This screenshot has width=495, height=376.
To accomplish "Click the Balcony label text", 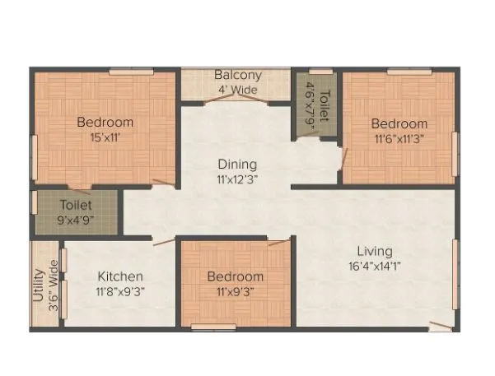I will click(238, 75).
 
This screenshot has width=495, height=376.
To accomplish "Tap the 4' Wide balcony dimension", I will click(237, 90).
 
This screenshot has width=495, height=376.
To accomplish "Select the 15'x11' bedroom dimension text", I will click(105, 137).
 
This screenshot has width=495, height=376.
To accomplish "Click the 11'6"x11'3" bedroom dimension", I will click(399, 138).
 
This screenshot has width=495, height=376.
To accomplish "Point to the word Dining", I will click(237, 164).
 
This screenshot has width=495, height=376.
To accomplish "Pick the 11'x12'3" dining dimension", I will click(237, 179).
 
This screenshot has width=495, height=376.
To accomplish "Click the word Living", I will click(374, 251).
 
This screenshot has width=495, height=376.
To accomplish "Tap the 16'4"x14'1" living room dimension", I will click(374, 266).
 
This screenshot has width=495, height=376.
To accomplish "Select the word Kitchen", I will click(121, 276).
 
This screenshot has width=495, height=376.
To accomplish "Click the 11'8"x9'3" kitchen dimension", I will click(121, 290).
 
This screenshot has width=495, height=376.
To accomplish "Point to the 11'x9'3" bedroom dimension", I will click(236, 290).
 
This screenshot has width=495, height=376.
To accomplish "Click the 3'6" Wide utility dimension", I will click(54, 283).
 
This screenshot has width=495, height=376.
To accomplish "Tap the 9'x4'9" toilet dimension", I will click(75, 219).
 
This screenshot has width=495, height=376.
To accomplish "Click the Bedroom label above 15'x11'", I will click(105, 123).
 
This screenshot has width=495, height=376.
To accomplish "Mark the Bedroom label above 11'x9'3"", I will click(236, 276).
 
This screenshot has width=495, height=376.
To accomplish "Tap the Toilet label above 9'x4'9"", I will click(75, 204).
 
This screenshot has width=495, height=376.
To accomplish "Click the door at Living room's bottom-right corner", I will click(441, 326).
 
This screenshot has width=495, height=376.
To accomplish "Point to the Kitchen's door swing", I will click(162, 242).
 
